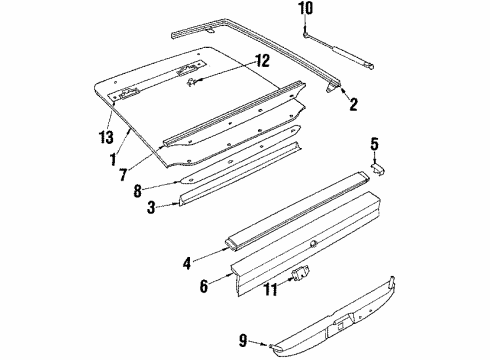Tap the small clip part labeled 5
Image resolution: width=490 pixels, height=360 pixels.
(378, 167)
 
